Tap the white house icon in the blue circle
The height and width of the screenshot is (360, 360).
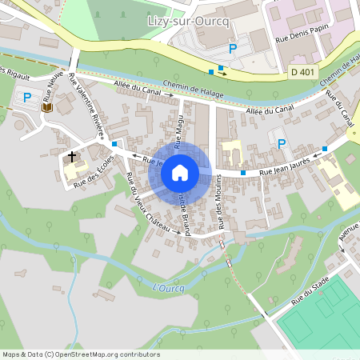180,172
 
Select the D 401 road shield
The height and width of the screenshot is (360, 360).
302,73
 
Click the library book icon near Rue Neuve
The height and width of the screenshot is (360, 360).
47,106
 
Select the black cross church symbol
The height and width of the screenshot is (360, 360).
73,156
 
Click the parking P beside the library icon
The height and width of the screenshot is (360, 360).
28,98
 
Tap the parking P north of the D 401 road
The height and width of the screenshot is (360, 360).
233,49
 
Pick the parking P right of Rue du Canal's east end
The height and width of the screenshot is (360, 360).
281,143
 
